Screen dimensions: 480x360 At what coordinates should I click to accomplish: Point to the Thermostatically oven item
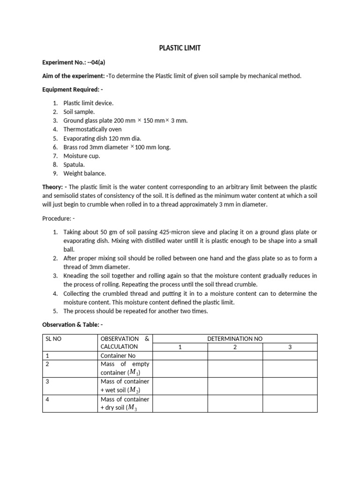92,129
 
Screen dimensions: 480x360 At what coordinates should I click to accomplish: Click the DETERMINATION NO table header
235,338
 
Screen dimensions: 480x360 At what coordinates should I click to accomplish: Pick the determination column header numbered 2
235,347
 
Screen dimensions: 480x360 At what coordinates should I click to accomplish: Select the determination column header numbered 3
290,347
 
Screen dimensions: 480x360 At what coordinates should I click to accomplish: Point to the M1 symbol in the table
134,373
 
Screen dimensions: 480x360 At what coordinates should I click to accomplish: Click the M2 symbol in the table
134,390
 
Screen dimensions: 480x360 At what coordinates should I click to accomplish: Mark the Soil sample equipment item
79,112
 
